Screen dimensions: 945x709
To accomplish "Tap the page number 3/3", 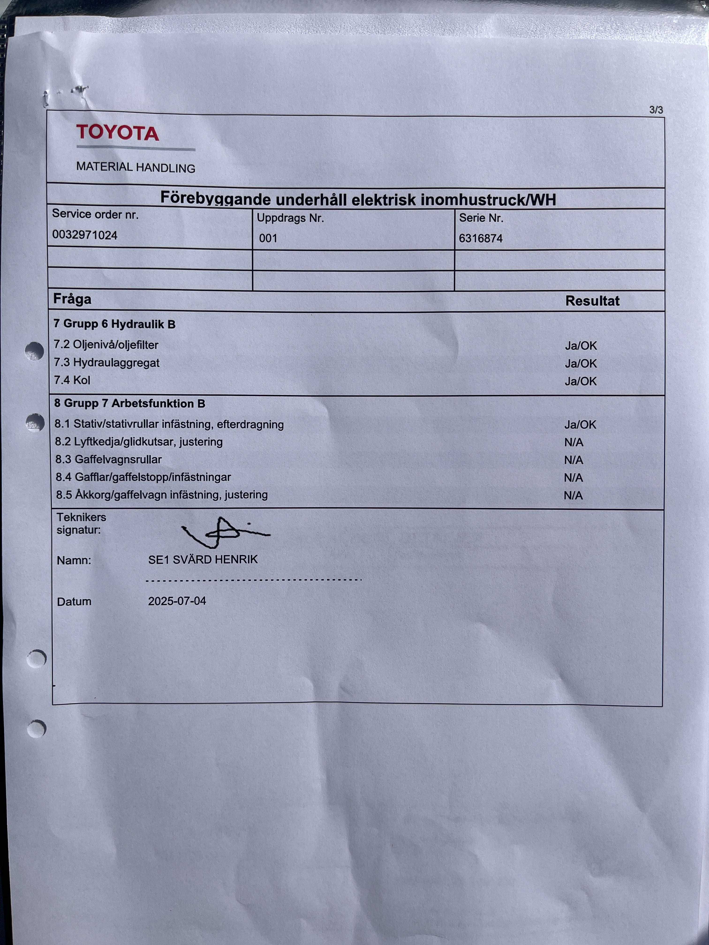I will coord(656,110).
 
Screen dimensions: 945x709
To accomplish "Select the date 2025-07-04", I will coord(177,601).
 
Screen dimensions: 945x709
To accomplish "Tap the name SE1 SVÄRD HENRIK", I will coord(203,560).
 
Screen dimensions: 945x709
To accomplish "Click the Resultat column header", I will coord(592,301).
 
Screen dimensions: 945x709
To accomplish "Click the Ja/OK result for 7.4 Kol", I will coord(580,381).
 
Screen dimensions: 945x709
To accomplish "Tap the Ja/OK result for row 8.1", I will coord(580,425).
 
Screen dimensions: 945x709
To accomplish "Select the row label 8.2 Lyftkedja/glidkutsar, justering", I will coord(139,442).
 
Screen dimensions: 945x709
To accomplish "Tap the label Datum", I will coord(74,601).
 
